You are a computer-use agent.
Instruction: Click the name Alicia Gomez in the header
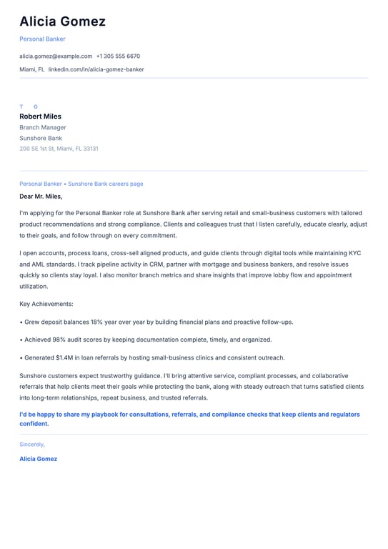point(62,21)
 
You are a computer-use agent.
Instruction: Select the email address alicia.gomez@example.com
point(56,56)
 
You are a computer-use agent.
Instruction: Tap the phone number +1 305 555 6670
point(118,56)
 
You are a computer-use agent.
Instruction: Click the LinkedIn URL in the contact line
point(96,69)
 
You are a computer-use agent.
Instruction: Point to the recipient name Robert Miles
point(40,117)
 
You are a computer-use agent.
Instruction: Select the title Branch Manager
point(43,127)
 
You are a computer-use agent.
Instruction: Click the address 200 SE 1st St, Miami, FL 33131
point(59,149)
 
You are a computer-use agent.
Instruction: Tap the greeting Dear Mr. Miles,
point(41,196)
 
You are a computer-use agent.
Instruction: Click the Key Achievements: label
point(46,304)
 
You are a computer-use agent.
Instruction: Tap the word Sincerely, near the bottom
point(32,444)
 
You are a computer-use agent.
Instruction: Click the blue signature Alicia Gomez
point(38,459)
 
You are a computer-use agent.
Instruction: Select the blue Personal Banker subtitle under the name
point(42,39)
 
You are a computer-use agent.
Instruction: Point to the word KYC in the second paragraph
point(354,252)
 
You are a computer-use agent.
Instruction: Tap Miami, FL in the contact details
point(31,69)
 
